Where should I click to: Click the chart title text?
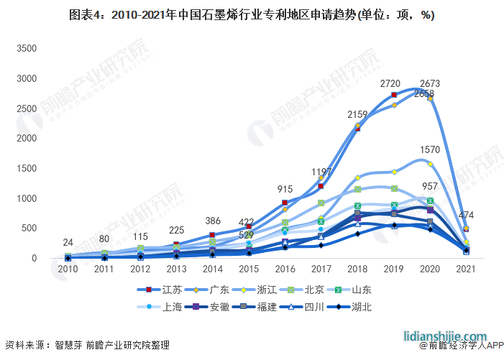tap(252, 14)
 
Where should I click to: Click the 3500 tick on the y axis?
tap(27, 48)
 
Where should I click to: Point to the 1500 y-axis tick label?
tap(27, 168)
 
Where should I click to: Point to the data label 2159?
tap(357, 114)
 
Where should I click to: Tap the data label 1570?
tap(430, 149)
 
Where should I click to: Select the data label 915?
tap(285, 189)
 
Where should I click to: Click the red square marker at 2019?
tap(394, 95)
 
